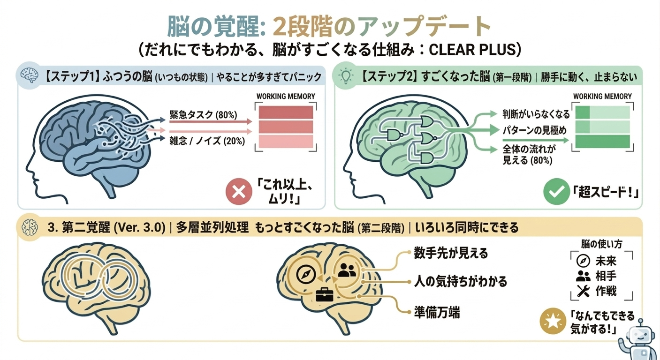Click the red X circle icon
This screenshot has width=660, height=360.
(239, 192)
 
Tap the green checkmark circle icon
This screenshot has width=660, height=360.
(557, 191)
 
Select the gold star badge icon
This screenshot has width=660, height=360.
(553, 321)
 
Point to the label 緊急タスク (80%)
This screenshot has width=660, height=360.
(203, 114)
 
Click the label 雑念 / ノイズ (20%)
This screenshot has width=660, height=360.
(207, 141)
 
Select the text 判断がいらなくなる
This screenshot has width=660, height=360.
(536, 114)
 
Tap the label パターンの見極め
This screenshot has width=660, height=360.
(535, 130)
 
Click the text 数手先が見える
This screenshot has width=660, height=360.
(451, 253)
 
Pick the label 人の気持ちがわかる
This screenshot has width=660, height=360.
(461, 281)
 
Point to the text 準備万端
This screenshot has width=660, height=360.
(437, 313)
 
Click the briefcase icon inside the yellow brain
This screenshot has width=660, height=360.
(325, 294)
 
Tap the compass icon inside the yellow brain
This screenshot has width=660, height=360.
(306, 275)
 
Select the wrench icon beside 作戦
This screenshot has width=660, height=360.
(583, 291)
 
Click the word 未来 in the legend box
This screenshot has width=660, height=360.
(606, 261)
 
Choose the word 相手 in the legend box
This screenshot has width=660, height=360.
(606, 276)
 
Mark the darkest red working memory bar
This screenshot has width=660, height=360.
(286, 112)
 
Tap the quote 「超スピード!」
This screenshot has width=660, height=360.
(606, 193)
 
